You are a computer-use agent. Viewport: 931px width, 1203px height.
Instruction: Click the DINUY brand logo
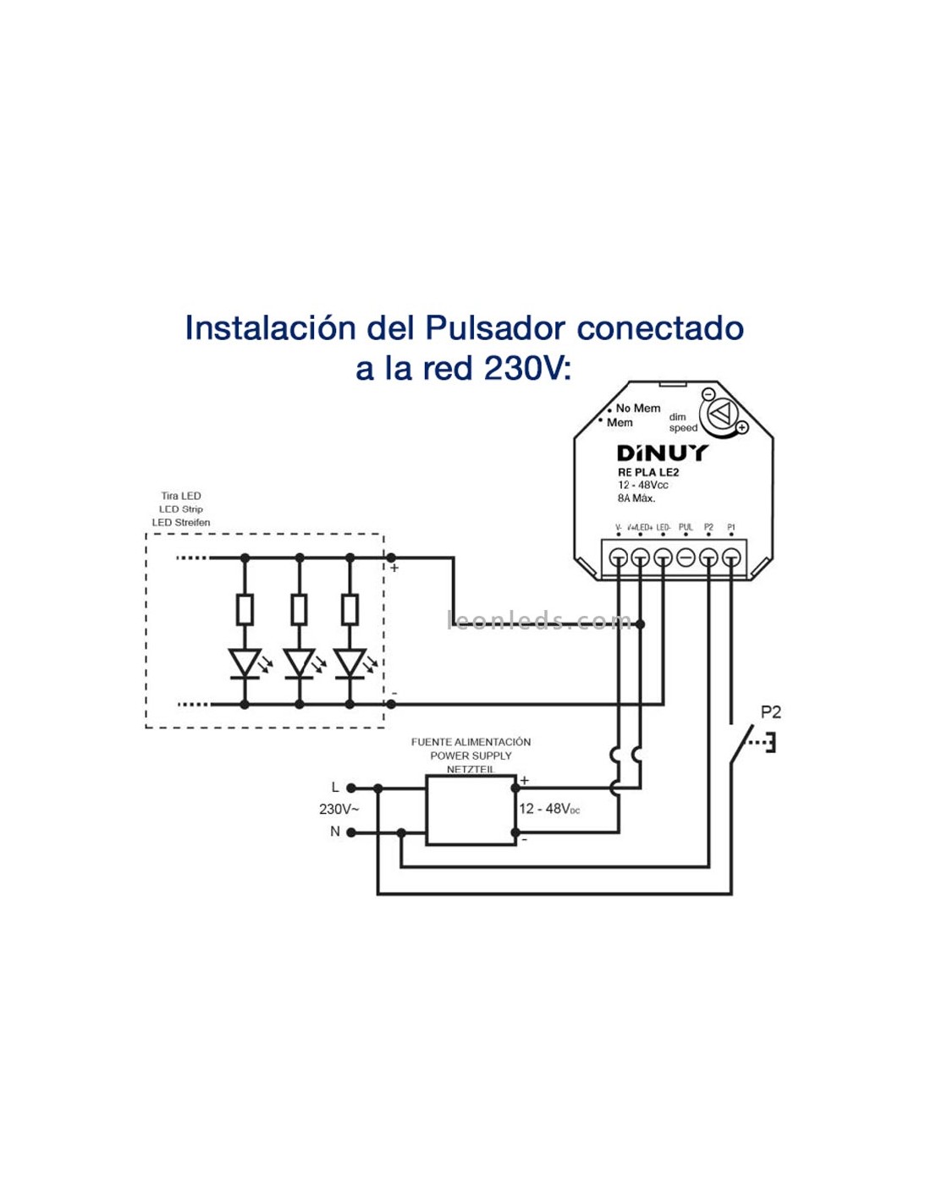tap(661, 453)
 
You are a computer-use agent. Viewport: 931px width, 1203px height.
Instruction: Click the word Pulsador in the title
tap(495, 328)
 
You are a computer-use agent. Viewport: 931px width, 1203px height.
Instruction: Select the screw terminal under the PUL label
tap(686, 558)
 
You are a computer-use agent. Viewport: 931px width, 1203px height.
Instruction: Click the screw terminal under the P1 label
tap(731, 558)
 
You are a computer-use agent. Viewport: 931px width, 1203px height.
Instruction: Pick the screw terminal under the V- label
tap(619, 558)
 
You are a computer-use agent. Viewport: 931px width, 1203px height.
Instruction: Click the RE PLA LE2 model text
tap(647, 472)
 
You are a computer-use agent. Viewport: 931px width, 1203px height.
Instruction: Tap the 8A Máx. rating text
tap(636, 498)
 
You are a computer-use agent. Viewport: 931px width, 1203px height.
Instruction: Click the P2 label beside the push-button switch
tap(770, 712)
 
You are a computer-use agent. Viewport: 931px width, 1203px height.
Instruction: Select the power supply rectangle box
tap(471, 810)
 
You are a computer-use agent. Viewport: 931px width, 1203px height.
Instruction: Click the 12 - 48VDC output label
tap(549, 809)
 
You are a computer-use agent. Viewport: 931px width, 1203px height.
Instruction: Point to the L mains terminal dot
tap(351, 788)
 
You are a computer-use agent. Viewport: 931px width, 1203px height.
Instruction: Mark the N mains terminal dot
tap(351, 832)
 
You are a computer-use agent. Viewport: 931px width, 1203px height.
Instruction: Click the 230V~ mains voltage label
tap(339, 810)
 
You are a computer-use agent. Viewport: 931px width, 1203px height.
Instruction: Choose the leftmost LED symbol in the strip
tap(245, 662)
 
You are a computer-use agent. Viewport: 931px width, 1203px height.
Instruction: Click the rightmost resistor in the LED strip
tap(350, 609)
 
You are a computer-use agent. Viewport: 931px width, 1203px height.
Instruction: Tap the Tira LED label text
tap(181, 496)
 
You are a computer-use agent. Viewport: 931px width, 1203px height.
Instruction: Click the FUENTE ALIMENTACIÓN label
tap(471, 742)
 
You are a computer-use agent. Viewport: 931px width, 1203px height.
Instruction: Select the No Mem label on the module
tap(637, 408)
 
